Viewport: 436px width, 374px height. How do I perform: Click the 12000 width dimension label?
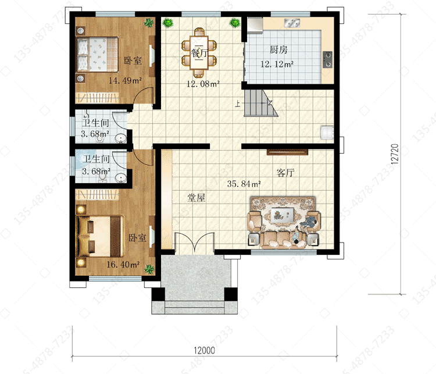coord(205,350)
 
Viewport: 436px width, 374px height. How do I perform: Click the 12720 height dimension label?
coord(395,154)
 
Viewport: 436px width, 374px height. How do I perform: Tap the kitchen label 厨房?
coord(278,50)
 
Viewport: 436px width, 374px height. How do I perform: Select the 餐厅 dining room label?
coord(199,52)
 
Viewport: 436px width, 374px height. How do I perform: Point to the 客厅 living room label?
coord(285,173)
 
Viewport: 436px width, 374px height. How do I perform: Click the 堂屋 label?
coord(196,198)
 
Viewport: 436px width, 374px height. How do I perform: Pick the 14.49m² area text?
coord(125,81)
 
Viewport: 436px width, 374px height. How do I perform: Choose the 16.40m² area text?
coord(123,265)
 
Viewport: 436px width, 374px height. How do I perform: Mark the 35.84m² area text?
coord(244,184)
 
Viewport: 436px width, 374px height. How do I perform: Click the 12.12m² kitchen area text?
coord(277,65)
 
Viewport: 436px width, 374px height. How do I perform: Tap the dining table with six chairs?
coord(199,52)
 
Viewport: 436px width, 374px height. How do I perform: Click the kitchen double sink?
coord(292,23)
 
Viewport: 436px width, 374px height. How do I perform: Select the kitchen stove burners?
coord(327,59)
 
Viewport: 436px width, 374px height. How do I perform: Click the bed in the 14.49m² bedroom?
coord(97,54)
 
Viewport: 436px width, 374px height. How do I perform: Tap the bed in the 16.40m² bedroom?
coord(101,236)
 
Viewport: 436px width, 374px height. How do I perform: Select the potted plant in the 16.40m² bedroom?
coord(149,269)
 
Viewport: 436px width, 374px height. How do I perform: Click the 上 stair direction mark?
coord(237,104)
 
